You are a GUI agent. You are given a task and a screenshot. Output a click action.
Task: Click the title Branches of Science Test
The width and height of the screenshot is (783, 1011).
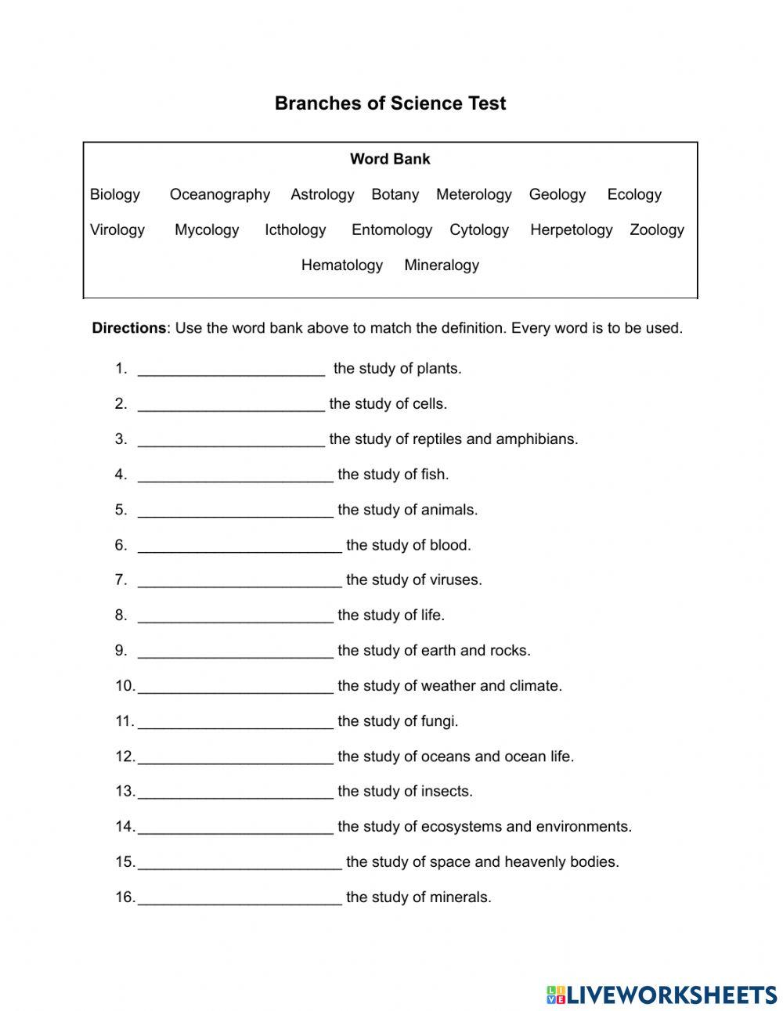point(390,103)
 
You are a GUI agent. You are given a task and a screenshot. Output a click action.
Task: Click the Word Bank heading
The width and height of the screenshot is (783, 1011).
point(390,159)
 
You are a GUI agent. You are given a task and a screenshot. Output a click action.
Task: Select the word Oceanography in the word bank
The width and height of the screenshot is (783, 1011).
point(219,194)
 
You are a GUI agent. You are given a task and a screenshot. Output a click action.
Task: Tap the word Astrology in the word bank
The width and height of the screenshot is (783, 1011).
point(322,194)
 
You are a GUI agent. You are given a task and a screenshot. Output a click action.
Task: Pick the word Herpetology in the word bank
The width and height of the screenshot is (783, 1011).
point(571,229)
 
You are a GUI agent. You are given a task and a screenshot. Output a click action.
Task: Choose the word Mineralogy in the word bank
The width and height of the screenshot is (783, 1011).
point(441,265)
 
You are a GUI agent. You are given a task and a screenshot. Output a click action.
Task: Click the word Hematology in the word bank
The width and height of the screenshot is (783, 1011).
point(341,265)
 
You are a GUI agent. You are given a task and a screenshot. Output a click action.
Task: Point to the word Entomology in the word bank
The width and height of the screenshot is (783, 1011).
point(391,229)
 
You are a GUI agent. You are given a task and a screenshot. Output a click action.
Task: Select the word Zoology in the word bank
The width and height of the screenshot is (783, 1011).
point(656,229)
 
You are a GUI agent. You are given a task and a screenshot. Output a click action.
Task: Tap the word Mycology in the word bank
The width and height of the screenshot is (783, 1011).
point(207,229)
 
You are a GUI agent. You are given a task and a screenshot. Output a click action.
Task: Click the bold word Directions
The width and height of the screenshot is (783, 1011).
point(128,328)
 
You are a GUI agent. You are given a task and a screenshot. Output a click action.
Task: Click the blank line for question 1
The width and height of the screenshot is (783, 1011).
point(231,370)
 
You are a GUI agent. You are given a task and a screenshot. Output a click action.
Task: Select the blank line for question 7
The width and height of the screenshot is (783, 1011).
point(240,581)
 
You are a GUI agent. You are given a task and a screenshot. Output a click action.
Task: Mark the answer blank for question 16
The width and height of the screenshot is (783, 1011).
point(240,898)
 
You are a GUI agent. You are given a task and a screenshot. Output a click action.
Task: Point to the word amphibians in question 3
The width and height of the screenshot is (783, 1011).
point(536,439)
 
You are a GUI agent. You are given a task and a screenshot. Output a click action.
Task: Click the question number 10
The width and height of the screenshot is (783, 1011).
point(124,686)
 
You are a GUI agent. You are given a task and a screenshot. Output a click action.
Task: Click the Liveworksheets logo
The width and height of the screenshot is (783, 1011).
point(662,995)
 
